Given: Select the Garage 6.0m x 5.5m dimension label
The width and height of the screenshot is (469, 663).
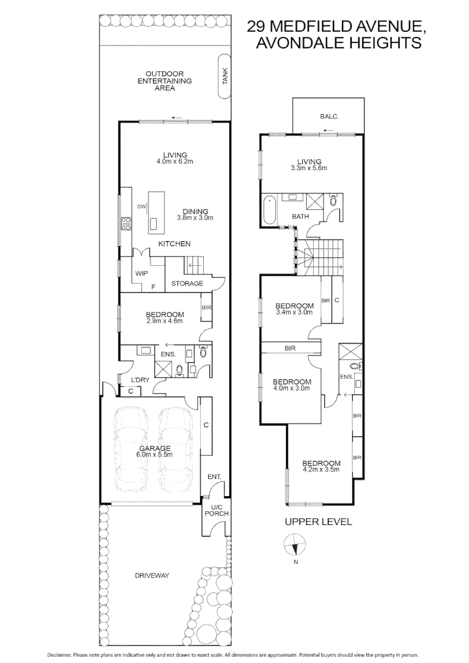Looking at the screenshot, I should tap(154, 455).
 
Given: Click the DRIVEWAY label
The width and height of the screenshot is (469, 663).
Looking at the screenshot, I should tap(152, 575).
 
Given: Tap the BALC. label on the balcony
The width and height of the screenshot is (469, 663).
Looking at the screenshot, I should tap(330, 116).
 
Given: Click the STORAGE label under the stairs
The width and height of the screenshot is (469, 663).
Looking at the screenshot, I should tap(187, 284).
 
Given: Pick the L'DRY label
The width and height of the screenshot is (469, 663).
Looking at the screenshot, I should tap(140, 380).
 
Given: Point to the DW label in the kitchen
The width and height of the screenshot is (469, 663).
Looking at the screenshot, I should tap(141, 206).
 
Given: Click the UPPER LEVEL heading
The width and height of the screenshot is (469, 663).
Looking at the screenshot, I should tap(318, 522).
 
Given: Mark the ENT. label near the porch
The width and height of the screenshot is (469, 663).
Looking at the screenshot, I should tap(214, 476).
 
